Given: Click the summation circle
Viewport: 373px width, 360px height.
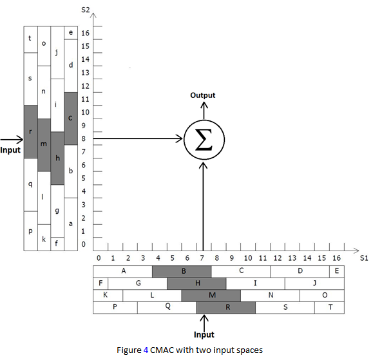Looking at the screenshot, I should [x=203, y=139].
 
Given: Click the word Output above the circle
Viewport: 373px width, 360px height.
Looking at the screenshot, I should [x=203, y=95].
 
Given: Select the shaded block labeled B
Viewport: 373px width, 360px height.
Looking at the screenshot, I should [x=182, y=271].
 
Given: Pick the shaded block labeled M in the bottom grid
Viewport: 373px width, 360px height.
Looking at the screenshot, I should [x=211, y=295].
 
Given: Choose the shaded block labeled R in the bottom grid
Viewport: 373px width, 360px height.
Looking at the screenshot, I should [x=226, y=307].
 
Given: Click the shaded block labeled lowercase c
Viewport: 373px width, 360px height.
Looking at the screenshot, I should [x=71, y=118].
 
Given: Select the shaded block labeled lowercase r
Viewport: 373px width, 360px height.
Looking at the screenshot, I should [x=30, y=131].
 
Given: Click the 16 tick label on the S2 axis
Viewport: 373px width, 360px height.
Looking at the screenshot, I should [x=85, y=33].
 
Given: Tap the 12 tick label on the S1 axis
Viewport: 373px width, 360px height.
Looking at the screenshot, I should [x=278, y=258].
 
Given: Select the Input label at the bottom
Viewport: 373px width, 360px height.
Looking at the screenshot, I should [x=204, y=335].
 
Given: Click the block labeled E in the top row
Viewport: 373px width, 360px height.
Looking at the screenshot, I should [x=337, y=271].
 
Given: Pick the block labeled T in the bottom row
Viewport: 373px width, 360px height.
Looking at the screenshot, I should [x=331, y=307].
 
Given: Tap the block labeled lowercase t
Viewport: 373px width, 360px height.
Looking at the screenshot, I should [x=30, y=39].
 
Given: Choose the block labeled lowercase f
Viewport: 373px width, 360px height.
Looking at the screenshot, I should [x=57, y=243].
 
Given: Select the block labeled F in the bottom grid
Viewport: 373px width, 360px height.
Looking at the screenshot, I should [x=100, y=283].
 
